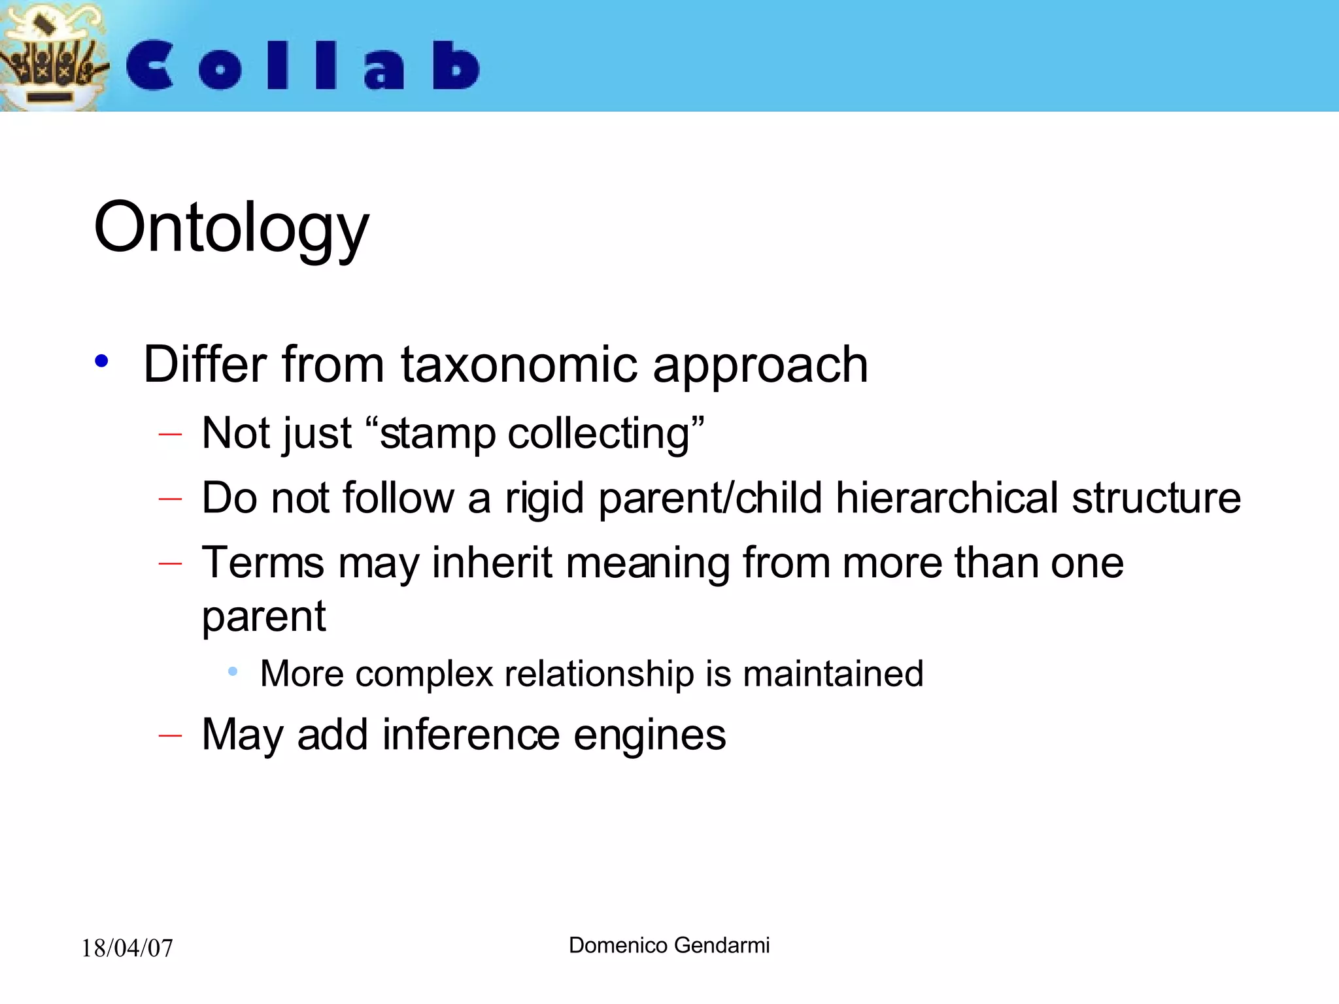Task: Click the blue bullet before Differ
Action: [x=101, y=361]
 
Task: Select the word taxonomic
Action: [x=518, y=364]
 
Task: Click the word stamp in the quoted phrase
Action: [x=437, y=434]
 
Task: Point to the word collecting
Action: [x=598, y=434]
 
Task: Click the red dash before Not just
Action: [x=170, y=434]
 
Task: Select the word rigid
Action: [x=544, y=499]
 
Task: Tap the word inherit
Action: [x=492, y=563]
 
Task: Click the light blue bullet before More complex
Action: [x=233, y=671]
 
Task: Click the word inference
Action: [x=471, y=735]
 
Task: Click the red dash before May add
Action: [x=170, y=736]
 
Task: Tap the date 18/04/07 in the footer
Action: [x=127, y=948]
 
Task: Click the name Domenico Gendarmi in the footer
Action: [x=669, y=945]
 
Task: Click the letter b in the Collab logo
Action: [x=456, y=65]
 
